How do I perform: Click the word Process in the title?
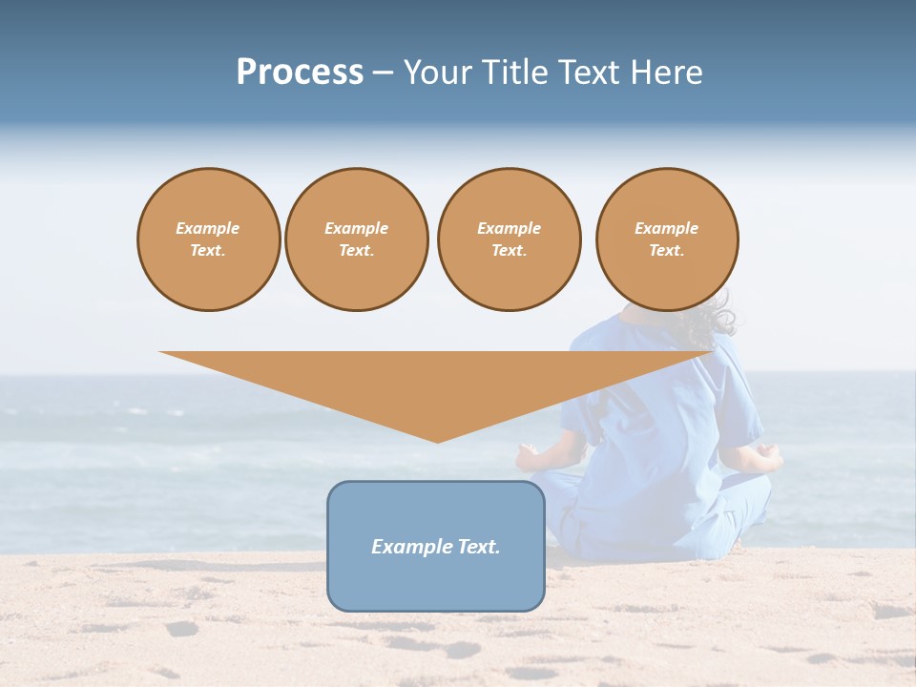click(x=300, y=73)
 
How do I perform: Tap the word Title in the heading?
click(x=515, y=73)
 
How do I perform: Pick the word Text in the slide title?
click(x=588, y=73)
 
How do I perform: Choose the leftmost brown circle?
click(x=209, y=239)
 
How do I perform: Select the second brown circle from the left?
click(x=357, y=239)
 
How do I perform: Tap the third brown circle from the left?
click(x=510, y=239)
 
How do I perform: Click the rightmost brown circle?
click(x=667, y=239)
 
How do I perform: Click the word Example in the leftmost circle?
click(x=208, y=229)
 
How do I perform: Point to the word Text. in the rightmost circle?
click(x=667, y=251)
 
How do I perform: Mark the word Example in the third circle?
click(x=510, y=229)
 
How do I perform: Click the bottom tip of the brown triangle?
click(x=437, y=440)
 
